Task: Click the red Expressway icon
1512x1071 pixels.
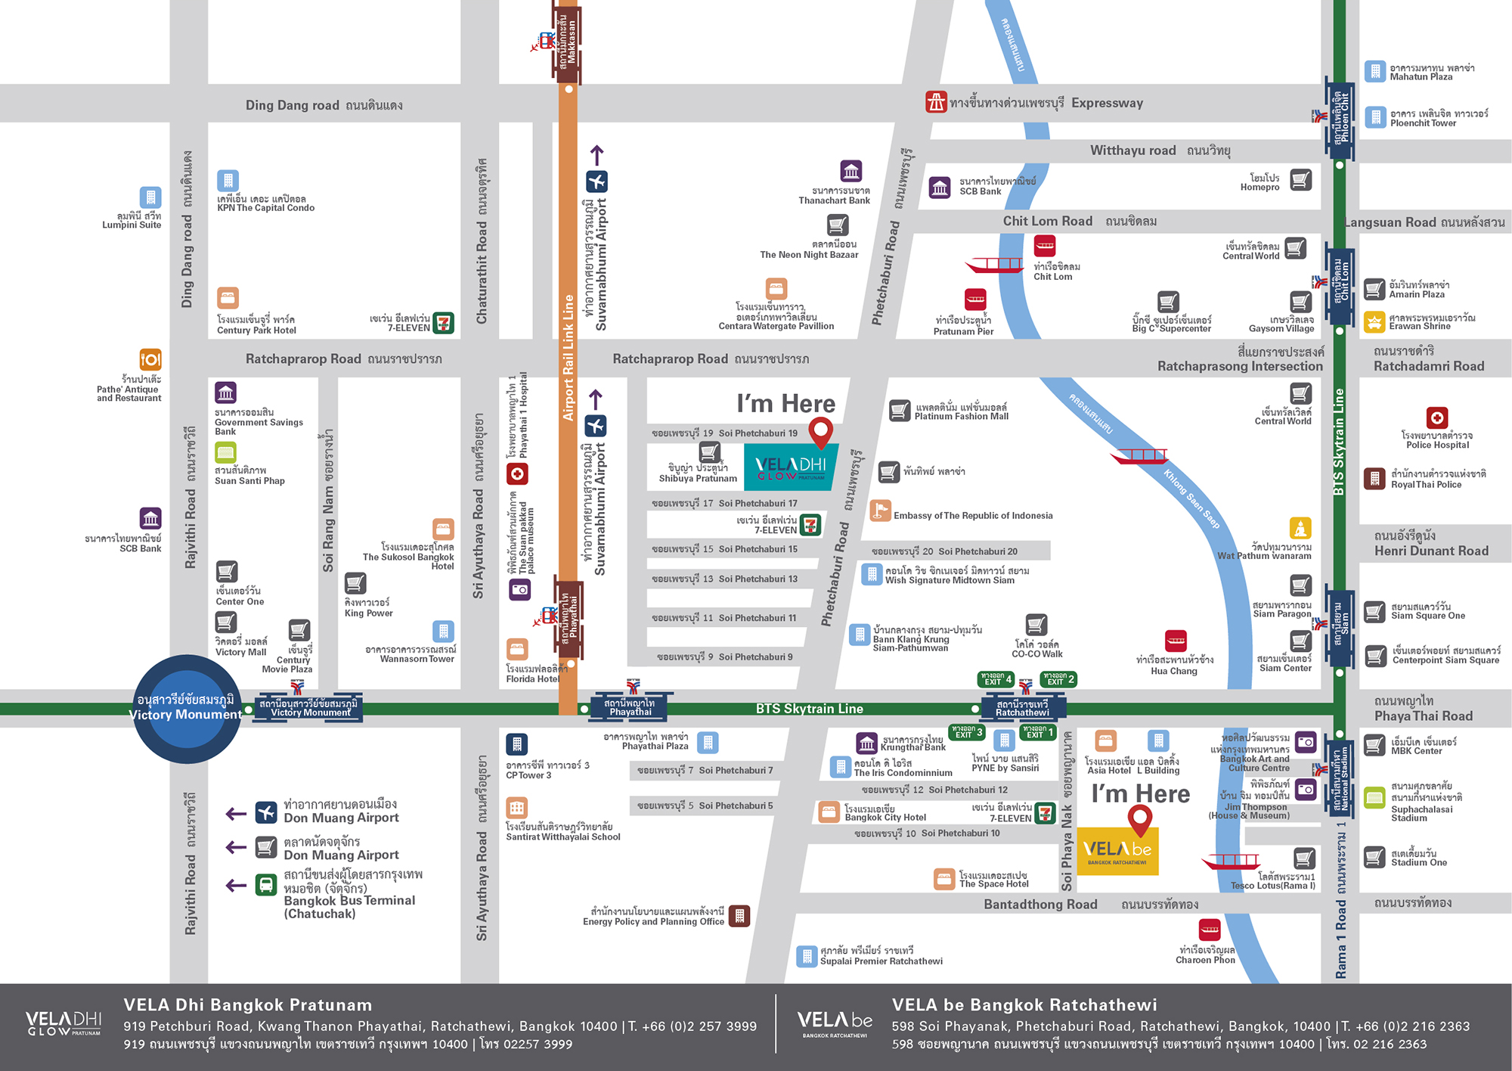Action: click(x=936, y=101)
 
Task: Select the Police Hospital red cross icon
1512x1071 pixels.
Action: click(x=1436, y=418)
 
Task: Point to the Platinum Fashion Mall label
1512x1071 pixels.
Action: click(x=961, y=411)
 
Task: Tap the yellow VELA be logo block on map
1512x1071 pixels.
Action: click(x=1117, y=851)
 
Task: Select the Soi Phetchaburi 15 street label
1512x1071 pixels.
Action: click(x=724, y=549)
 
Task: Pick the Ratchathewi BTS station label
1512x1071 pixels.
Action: click(x=1022, y=708)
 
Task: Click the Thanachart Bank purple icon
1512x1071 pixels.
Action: click(x=851, y=171)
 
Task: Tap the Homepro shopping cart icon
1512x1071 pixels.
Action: click(x=1300, y=180)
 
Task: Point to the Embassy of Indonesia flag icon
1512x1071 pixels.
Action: click(x=880, y=511)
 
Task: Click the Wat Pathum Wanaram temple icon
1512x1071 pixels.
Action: click(x=1300, y=528)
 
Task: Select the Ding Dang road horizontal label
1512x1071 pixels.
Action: click(x=324, y=105)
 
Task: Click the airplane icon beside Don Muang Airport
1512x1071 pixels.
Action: click(x=266, y=812)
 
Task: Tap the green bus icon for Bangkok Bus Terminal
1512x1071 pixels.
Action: click(x=266, y=885)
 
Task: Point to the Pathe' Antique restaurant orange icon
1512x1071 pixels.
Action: click(x=150, y=359)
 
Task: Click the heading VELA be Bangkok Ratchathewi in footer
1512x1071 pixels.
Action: click(x=1024, y=1004)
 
